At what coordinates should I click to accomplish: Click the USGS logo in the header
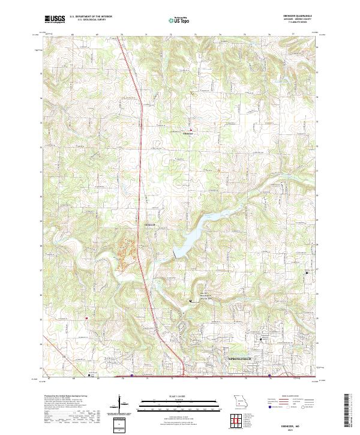click(x=55, y=19)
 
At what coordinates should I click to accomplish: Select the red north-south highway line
click(x=139, y=180)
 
